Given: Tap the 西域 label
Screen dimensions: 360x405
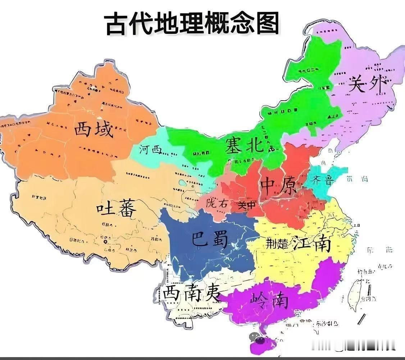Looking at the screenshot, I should coord(94,130).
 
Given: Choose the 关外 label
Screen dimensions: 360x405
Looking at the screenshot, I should coord(367,84).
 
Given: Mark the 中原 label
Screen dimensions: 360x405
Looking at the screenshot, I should coord(279,185).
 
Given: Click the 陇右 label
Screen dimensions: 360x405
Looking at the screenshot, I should coord(217,203).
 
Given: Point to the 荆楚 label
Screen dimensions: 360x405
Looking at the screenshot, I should coord(277,244).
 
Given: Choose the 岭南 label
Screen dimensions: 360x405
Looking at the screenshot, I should coord(270,301).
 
